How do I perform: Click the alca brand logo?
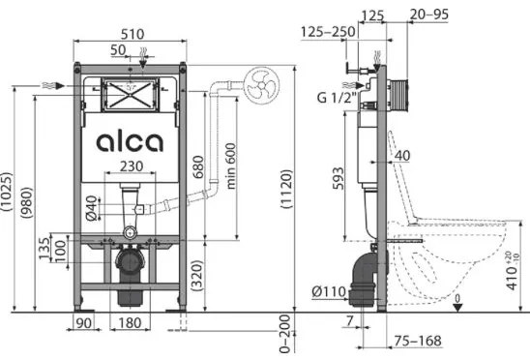click(131, 142)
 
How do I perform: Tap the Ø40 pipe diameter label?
click(91, 207)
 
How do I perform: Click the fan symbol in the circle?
click(262, 83)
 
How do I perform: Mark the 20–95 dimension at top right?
click(429, 15)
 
